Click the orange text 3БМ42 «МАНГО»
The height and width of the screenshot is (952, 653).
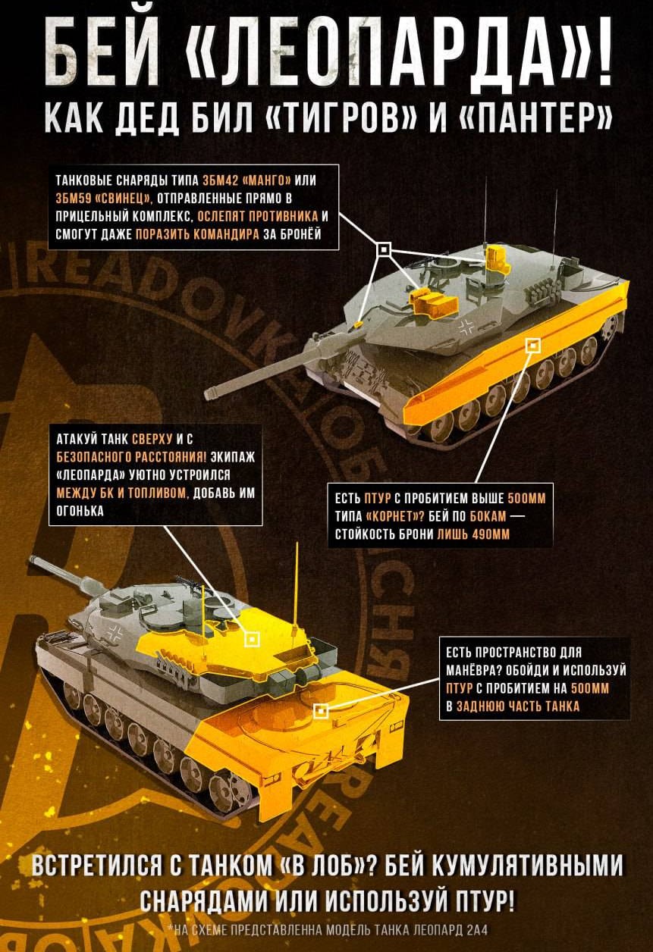246,180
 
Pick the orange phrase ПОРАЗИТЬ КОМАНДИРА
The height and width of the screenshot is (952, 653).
197,234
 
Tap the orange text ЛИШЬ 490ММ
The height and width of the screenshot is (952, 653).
473,534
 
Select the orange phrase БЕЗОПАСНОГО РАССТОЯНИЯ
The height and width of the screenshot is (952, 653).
132,457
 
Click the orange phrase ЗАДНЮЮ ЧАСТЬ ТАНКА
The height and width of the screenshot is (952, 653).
518,706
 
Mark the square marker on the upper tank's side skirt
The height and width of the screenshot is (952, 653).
532,346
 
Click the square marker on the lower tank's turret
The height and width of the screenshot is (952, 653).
253,639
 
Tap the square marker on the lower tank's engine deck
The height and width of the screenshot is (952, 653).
322,711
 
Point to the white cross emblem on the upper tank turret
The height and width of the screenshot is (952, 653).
466,327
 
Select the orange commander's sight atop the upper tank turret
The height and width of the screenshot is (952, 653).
497,258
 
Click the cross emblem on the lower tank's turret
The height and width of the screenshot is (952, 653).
116,635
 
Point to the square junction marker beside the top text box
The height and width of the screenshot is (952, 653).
384,249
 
